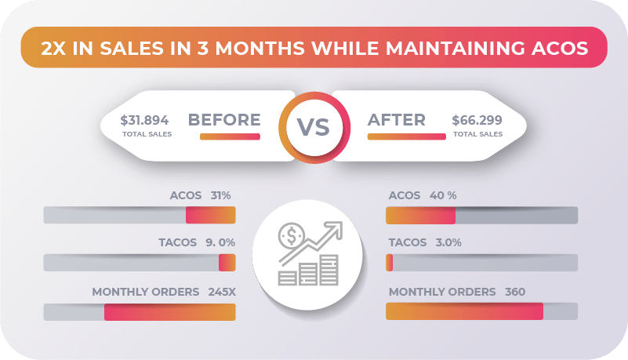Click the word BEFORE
[224, 120]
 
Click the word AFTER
[397, 120]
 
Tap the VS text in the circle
[313, 127]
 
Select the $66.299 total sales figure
[478, 121]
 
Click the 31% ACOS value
[220, 195]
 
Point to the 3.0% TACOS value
[448, 242]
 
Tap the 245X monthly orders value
[222, 292]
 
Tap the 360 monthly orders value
[515, 292]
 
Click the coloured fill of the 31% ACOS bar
[210, 216]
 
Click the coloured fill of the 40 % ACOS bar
[420, 216]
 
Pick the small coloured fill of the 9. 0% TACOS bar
[227, 263]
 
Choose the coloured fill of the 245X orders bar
[169, 311]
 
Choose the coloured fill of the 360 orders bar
[464, 311]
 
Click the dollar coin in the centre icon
[292, 235]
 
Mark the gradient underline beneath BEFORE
[230, 136]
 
